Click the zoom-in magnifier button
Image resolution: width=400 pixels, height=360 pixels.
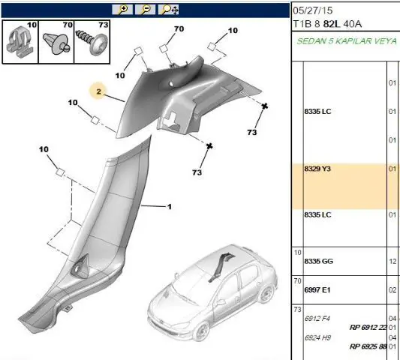click(x=122, y=10)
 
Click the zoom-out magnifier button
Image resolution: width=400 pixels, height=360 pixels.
click(x=145, y=10)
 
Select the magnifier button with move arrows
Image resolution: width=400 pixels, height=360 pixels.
click(x=168, y=10)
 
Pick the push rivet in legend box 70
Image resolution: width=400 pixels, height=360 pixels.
click(x=56, y=43)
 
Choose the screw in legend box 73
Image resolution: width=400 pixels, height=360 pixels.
click(x=92, y=43)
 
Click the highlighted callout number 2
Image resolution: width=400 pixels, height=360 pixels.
click(x=99, y=91)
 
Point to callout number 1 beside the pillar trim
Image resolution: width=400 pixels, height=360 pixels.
click(x=170, y=206)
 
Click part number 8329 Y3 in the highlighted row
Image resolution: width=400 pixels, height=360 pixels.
click(x=317, y=169)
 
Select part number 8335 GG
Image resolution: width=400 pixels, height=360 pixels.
click(x=319, y=261)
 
